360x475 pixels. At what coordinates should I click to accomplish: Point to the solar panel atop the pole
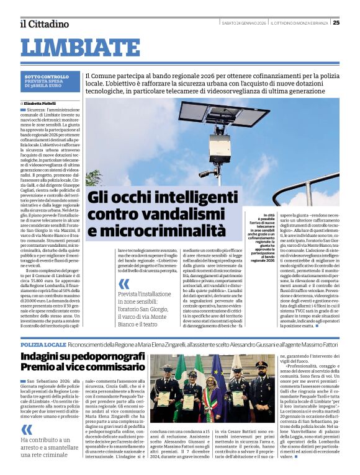click(x=233, y=113)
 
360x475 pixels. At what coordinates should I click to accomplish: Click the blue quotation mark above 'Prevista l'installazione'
click(x=124, y=283)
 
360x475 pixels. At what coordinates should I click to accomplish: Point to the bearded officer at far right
click(x=262, y=386)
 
